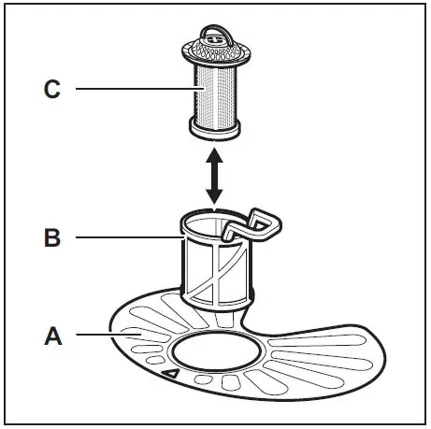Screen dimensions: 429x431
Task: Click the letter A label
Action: pyautogui.click(x=52, y=334)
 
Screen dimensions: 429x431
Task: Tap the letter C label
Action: pyautogui.click(x=52, y=89)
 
